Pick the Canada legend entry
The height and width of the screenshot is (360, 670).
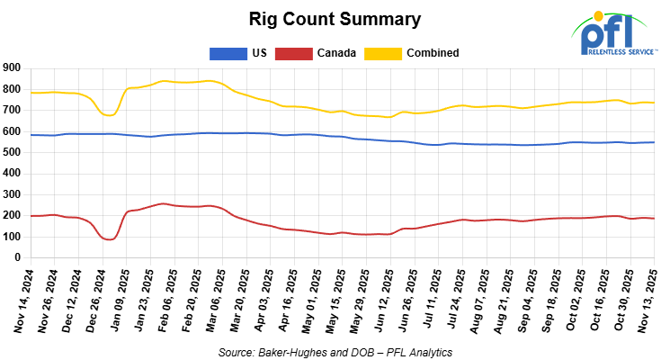[336, 53]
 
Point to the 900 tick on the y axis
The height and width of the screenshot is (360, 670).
[12, 67]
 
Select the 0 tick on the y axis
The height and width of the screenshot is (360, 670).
[18, 257]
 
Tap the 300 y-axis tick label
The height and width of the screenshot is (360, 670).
[12, 194]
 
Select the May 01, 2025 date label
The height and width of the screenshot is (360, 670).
[312, 301]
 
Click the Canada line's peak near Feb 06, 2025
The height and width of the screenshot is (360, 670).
[162, 203]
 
